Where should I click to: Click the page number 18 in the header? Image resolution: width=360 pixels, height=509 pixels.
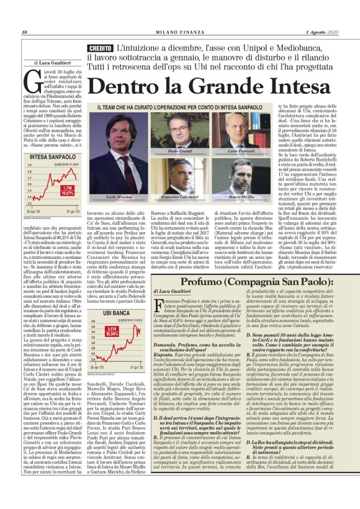tap(24, 32)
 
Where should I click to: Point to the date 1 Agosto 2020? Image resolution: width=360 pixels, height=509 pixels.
tap(319, 32)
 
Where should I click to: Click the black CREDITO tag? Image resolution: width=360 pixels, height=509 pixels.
tap(99, 48)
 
